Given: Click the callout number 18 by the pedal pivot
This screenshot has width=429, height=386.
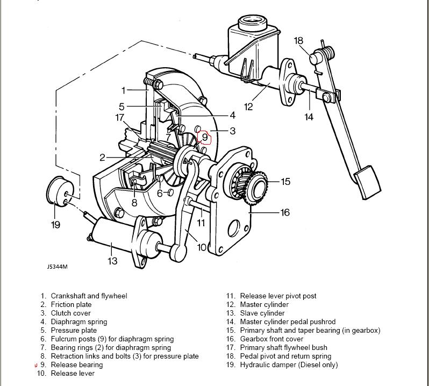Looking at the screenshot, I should click(x=299, y=40).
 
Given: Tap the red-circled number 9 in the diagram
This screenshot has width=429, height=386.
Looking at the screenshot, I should click(x=205, y=137).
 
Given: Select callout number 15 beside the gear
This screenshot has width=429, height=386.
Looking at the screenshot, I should click(x=285, y=182).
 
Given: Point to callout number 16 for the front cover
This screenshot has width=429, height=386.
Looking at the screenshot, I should click(x=285, y=212).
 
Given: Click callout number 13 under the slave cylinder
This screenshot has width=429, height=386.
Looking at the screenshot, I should click(x=112, y=261).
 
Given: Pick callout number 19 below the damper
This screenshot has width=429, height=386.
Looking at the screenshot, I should click(x=56, y=225).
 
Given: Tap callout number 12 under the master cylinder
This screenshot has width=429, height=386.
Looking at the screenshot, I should click(x=248, y=107).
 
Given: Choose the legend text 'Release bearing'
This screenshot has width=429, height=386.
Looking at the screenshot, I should click(x=77, y=364).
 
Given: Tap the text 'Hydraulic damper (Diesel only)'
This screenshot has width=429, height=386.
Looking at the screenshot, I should click(x=289, y=364).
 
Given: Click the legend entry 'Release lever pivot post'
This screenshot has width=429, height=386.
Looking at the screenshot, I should click(x=278, y=296).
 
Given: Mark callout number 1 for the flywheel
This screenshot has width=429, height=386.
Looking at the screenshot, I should click(x=123, y=90).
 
